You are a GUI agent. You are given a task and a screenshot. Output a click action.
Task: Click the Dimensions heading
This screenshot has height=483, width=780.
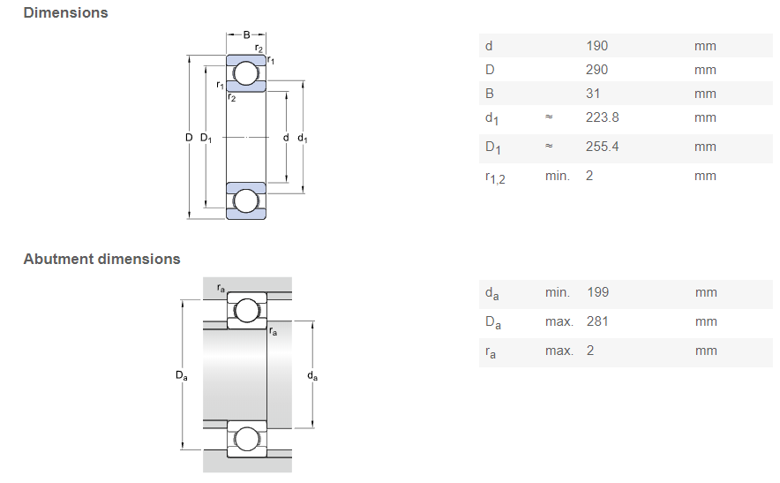(66, 13)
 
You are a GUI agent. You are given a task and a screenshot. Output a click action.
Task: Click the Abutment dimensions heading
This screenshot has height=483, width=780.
(101, 259)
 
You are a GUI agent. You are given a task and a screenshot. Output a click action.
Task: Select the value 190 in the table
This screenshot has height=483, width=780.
(596, 46)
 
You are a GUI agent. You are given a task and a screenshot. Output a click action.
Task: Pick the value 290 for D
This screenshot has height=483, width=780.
(596, 70)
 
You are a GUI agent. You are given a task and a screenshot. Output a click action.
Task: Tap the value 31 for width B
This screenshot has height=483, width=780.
(592, 94)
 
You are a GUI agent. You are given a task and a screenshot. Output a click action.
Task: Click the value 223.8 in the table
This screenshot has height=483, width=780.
(602, 117)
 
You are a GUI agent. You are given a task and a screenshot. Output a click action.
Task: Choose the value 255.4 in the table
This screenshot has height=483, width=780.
(602, 147)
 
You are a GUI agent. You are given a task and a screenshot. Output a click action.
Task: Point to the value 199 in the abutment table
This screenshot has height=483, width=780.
(596, 292)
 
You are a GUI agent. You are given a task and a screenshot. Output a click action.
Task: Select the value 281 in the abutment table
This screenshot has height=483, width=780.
(596, 321)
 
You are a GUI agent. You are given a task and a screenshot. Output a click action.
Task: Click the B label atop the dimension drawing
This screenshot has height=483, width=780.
(247, 34)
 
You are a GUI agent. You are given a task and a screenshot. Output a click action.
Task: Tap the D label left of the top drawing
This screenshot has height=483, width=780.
(189, 138)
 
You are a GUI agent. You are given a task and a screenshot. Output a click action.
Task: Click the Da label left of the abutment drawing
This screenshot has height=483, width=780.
(181, 375)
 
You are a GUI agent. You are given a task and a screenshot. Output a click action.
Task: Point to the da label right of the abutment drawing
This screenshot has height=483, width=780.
(312, 375)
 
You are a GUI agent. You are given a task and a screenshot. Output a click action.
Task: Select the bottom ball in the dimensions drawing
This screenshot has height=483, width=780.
(246, 201)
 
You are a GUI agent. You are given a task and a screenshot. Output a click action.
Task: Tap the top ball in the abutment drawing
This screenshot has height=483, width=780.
(246, 311)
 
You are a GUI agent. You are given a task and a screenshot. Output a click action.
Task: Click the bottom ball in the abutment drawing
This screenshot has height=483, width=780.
(246, 439)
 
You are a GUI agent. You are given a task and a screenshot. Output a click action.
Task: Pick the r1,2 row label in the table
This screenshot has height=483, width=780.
(494, 177)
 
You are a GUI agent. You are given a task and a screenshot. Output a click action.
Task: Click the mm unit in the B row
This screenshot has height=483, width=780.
(705, 94)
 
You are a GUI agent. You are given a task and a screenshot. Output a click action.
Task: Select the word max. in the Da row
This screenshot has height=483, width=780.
(559, 321)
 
